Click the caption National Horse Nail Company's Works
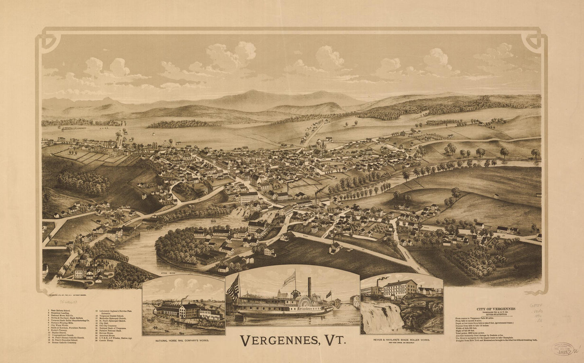coord(183,341)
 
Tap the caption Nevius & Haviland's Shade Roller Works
coord(401,340)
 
